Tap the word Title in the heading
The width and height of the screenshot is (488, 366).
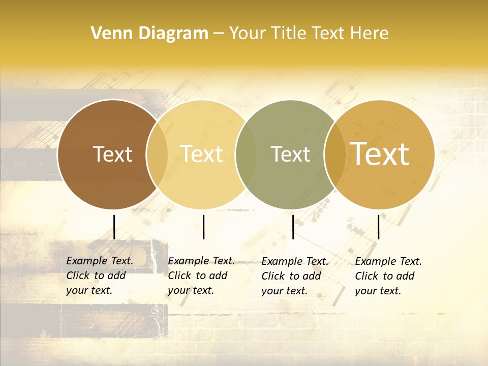[286, 34]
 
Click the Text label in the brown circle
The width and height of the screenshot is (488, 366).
[112, 154]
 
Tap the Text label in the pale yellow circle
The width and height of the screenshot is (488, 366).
[202, 154]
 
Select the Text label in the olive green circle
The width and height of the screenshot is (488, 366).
[291, 154]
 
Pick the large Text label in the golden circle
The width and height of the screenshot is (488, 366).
[380, 154]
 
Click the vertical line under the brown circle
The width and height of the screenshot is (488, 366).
[114, 227]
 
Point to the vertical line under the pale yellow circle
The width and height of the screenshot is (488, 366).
[203, 227]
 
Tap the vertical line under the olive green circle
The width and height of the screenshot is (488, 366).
[293, 227]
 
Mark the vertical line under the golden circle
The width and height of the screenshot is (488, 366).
[379, 227]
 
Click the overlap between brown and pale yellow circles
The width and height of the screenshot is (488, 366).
[157, 154]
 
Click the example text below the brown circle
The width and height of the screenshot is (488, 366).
[99, 276]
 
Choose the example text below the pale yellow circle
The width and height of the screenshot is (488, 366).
[201, 276]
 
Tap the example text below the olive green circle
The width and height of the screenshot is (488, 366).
[294, 276]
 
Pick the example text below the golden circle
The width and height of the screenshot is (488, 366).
[388, 276]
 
